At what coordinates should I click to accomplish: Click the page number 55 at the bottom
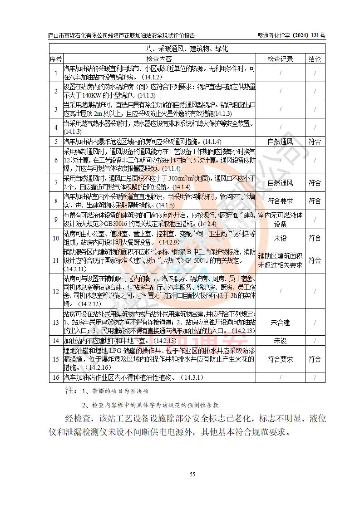tap(192, 475)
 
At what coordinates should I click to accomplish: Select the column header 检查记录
tap(280, 59)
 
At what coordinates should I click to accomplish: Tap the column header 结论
tap(315, 59)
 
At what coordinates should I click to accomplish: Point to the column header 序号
tap(55, 59)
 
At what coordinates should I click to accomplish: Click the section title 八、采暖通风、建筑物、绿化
tap(186, 49)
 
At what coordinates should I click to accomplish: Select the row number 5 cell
tap(55, 142)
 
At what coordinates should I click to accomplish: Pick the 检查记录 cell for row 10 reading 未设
tap(280, 238)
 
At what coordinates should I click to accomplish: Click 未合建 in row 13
tap(280, 323)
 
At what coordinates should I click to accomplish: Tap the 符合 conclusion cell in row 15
tap(315, 359)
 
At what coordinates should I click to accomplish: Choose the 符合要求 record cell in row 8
tap(280, 201)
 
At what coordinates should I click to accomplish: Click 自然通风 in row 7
tap(280, 183)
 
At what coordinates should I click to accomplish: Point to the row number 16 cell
tap(55, 377)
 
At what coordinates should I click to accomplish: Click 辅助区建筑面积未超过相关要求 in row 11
tap(280, 260)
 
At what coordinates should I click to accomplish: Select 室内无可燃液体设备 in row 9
tap(280, 219)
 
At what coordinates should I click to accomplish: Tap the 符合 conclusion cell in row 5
tap(315, 142)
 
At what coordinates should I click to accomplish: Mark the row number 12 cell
tap(55, 291)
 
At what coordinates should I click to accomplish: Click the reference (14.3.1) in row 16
tap(192, 377)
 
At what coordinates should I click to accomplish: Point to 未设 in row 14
tap(280, 341)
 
